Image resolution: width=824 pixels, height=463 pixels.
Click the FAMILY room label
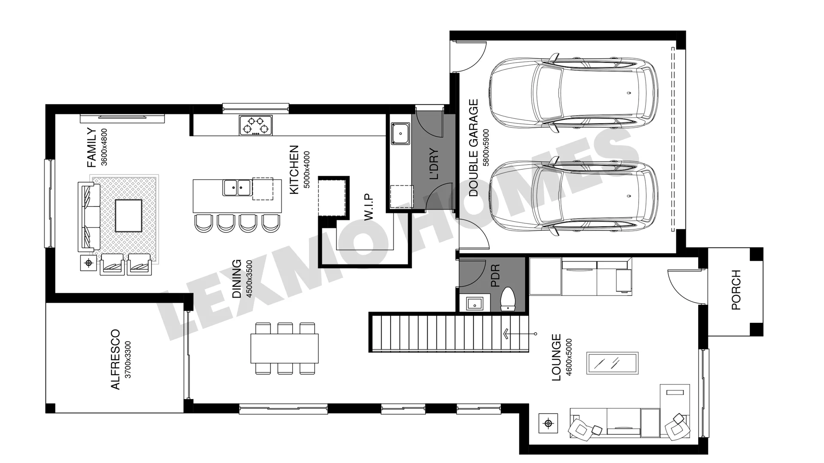[x=91, y=147]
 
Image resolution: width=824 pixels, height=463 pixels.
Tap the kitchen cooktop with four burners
[x=256, y=125]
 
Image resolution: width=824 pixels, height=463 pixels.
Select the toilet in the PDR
[x=508, y=299]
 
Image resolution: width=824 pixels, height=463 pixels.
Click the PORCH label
[x=736, y=290]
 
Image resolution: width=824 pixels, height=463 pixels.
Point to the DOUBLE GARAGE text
[x=473, y=148]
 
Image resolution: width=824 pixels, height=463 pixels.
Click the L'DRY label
[x=434, y=164]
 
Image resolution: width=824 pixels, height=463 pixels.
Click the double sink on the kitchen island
[x=237, y=187]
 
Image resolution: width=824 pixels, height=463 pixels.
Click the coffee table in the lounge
[x=612, y=364]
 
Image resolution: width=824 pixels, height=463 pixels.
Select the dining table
[x=285, y=348]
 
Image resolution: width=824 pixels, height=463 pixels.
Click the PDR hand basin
[x=475, y=303]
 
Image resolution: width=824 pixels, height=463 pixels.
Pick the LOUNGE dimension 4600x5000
[x=569, y=358]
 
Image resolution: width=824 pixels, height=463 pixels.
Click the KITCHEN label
[x=294, y=170]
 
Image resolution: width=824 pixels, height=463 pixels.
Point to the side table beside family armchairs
[x=89, y=263]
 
